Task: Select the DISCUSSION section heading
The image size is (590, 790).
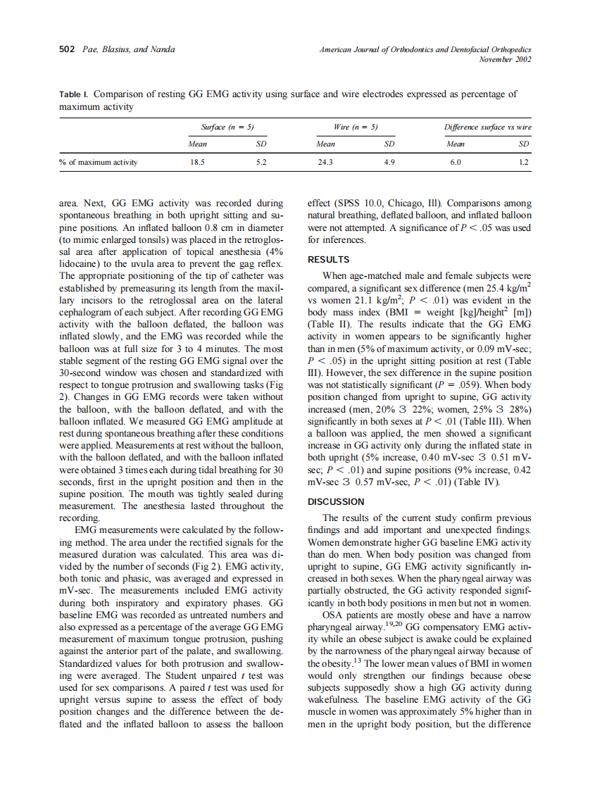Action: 336,501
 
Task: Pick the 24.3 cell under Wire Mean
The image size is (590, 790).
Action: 325,162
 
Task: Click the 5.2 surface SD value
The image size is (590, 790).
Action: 261,162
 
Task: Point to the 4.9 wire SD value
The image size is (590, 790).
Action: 389,162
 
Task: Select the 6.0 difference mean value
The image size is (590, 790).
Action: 456,162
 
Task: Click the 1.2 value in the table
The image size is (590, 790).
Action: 523,162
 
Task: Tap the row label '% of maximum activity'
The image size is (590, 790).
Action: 99,162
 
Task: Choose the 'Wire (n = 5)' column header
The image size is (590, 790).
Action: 356,127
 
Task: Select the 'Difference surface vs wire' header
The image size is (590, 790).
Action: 488,127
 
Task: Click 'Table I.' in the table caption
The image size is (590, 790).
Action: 74,94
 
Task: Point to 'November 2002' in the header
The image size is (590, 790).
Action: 505,59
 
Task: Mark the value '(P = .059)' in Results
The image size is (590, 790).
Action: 438,386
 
